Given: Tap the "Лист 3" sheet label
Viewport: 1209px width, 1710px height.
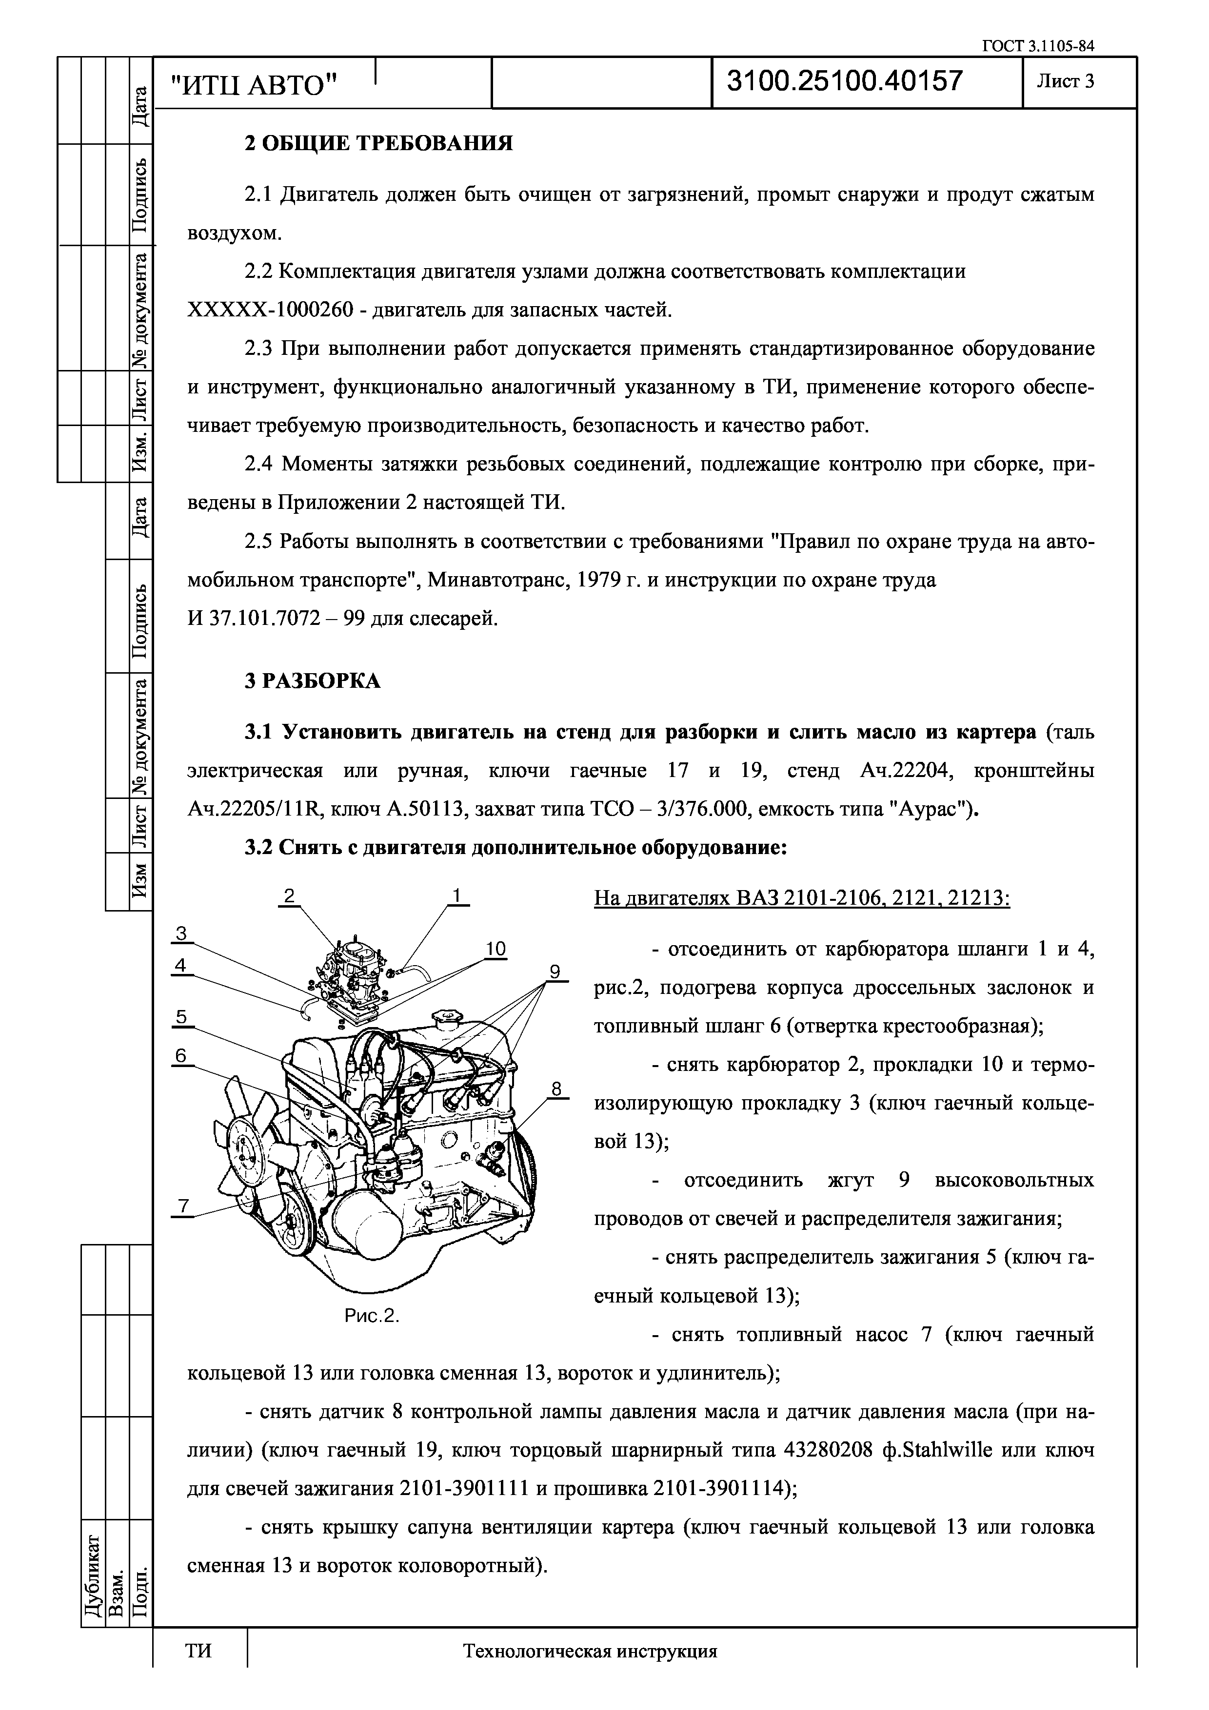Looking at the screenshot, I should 1065,81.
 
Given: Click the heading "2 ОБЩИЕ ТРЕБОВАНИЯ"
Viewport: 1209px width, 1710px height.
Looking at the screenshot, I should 378,143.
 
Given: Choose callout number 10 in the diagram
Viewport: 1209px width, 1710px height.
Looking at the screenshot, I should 495,949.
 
